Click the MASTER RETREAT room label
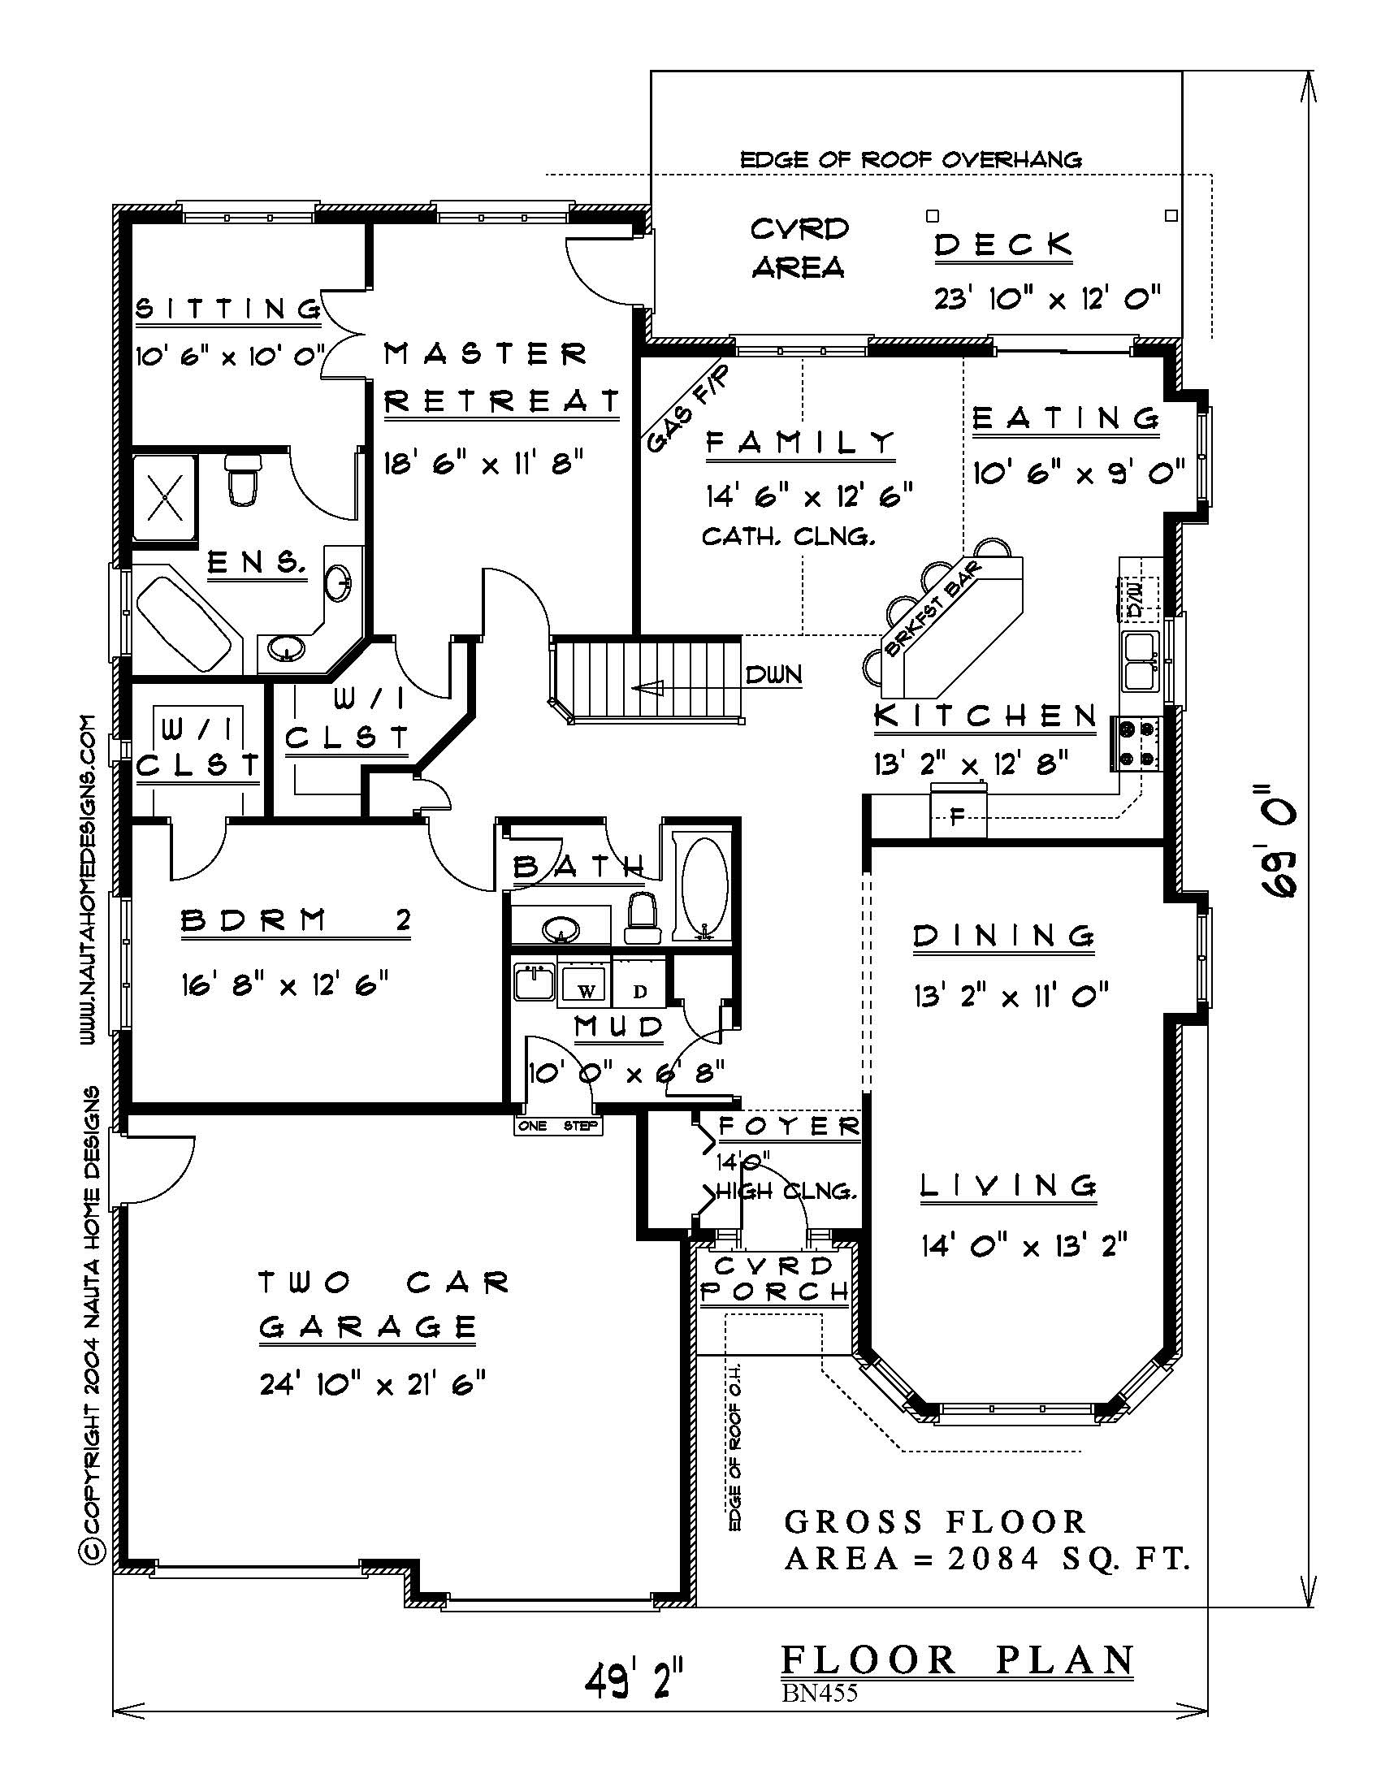click(501, 377)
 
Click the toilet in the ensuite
click(243, 480)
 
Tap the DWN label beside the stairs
click(773, 675)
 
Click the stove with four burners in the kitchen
click(1135, 744)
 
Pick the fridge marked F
click(957, 812)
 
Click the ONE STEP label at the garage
click(558, 1127)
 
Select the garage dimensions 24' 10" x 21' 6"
click(373, 1383)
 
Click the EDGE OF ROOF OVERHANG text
click(911, 159)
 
